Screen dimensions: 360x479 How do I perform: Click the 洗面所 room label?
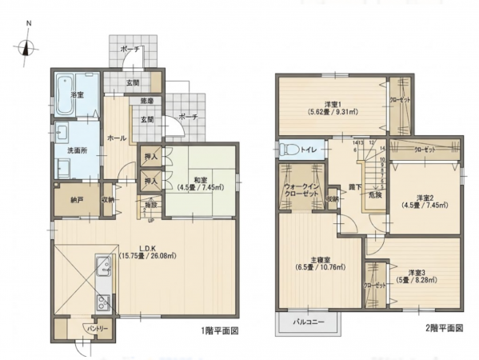(66, 150)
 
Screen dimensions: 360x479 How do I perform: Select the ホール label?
(116, 138)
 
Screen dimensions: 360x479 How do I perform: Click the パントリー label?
(98, 329)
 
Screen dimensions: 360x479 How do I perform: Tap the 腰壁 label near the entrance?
(147, 102)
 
